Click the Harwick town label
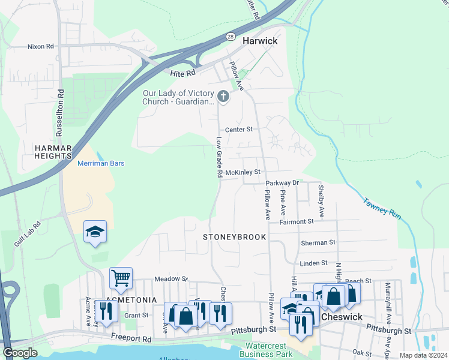[x=260, y=41]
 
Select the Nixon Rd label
[x=40, y=46]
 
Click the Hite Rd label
[x=183, y=73]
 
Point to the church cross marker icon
[x=223, y=97]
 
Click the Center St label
[x=239, y=129]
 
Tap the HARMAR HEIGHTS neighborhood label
[x=53, y=152]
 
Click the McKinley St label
[x=242, y=172]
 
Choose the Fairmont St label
[x=296, y=221]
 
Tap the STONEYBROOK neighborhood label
[x=234, y=237]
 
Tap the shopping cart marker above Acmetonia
[x=121, y=278]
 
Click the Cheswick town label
[x=342, y=316]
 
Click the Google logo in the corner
[x=20, y=353]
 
